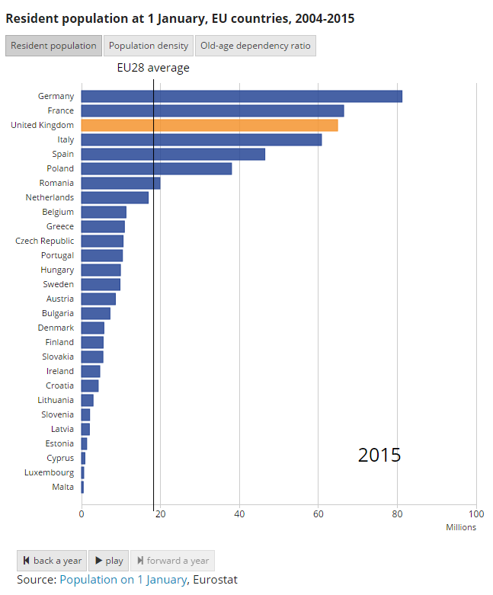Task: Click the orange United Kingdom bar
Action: [x=210, y=125]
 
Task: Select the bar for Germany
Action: [x=242, y=96]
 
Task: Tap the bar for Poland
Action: [x=156, y=168]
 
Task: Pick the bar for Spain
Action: [x=173, y=154]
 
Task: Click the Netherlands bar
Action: [x=115, y=197]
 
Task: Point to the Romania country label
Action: [x=56, y=183]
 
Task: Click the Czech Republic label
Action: [x=45, y=241]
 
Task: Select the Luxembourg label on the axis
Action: [x=49, y=472]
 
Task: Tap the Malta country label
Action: [x=62, y=487]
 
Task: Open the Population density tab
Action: [x=149, y=46]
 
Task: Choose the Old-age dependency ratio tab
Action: [x=255, y=46]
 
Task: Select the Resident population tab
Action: [x=53, y=46]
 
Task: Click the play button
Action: [x=109, y=561]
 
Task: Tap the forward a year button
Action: [x=172, y=561]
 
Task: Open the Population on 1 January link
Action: [x=123, y=580]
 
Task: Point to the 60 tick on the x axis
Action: [x=319, y=514]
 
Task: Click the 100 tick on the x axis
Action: [x=476, y=514]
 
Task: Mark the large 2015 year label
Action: [x=379, y=456]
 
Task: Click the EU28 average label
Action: [x=153, y=68]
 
